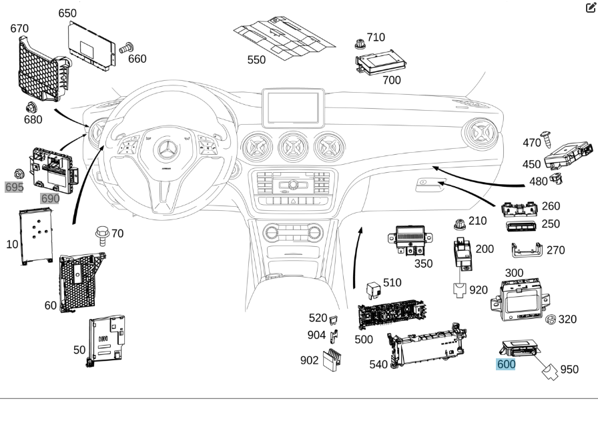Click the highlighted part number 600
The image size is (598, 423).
coord(506,364)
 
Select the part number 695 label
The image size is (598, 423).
coord(14,187)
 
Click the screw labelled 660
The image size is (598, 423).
coord(126,47)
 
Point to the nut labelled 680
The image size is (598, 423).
coord(31,107)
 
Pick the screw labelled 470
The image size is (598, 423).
coord(546,138)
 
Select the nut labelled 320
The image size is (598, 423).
coord(551,320)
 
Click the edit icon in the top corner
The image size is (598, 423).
coord(590,7)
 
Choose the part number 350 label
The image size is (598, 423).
coord(423,264)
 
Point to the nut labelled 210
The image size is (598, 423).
coord(459,223)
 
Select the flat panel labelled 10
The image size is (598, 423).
coord(36,234)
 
